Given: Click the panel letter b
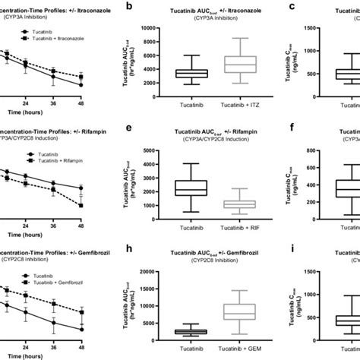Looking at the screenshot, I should point(132,7).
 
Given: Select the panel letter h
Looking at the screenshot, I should point(132,248).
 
